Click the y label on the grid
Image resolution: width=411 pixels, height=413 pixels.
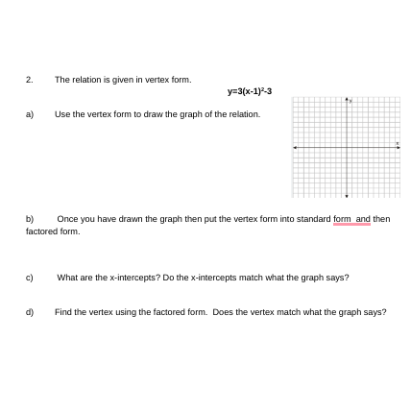pyautogui.click(x=351, y=99)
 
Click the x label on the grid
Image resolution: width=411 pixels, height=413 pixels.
pyautogui.click(x=397, y=143)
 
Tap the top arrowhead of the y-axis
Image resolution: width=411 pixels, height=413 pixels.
pyautogui.click(x=346, y=98)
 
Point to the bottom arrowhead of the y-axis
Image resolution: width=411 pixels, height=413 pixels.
pyautogui.click(x=346, y=195)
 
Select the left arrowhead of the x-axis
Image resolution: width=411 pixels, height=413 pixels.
pyautogui.click(x=294, y=147)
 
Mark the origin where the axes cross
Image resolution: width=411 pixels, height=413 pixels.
pyautogui.click(x=346, y=147)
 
